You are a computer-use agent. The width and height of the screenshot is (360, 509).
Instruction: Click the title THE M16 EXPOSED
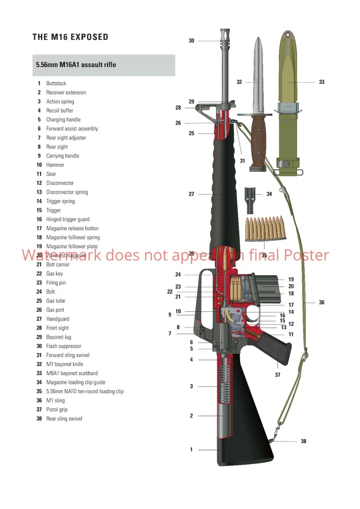(70, 37)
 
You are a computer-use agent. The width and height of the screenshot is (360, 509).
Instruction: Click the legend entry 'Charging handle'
(63, 120)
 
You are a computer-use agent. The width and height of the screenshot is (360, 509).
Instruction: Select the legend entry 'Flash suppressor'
(64, 346)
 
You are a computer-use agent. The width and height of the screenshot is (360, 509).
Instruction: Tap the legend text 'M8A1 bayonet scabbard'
(72, 373)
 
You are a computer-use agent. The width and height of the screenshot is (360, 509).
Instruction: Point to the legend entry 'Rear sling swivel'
(64, 419)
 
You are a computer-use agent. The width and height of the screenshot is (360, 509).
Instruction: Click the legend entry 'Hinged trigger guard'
(68, 219)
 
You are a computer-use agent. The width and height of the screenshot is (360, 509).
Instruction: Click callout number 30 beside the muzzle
(191, 41)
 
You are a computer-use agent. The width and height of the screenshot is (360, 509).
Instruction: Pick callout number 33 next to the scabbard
(321, 82)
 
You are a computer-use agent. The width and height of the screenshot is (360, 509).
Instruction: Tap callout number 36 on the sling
(321, 302)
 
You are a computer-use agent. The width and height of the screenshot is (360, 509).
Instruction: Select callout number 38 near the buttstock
(303, 442)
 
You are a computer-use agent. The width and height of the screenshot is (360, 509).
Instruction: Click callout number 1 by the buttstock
(191, 450)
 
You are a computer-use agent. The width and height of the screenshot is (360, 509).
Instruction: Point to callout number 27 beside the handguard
(191, 194)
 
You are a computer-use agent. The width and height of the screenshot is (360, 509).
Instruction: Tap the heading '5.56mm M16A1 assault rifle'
(76, 65)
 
